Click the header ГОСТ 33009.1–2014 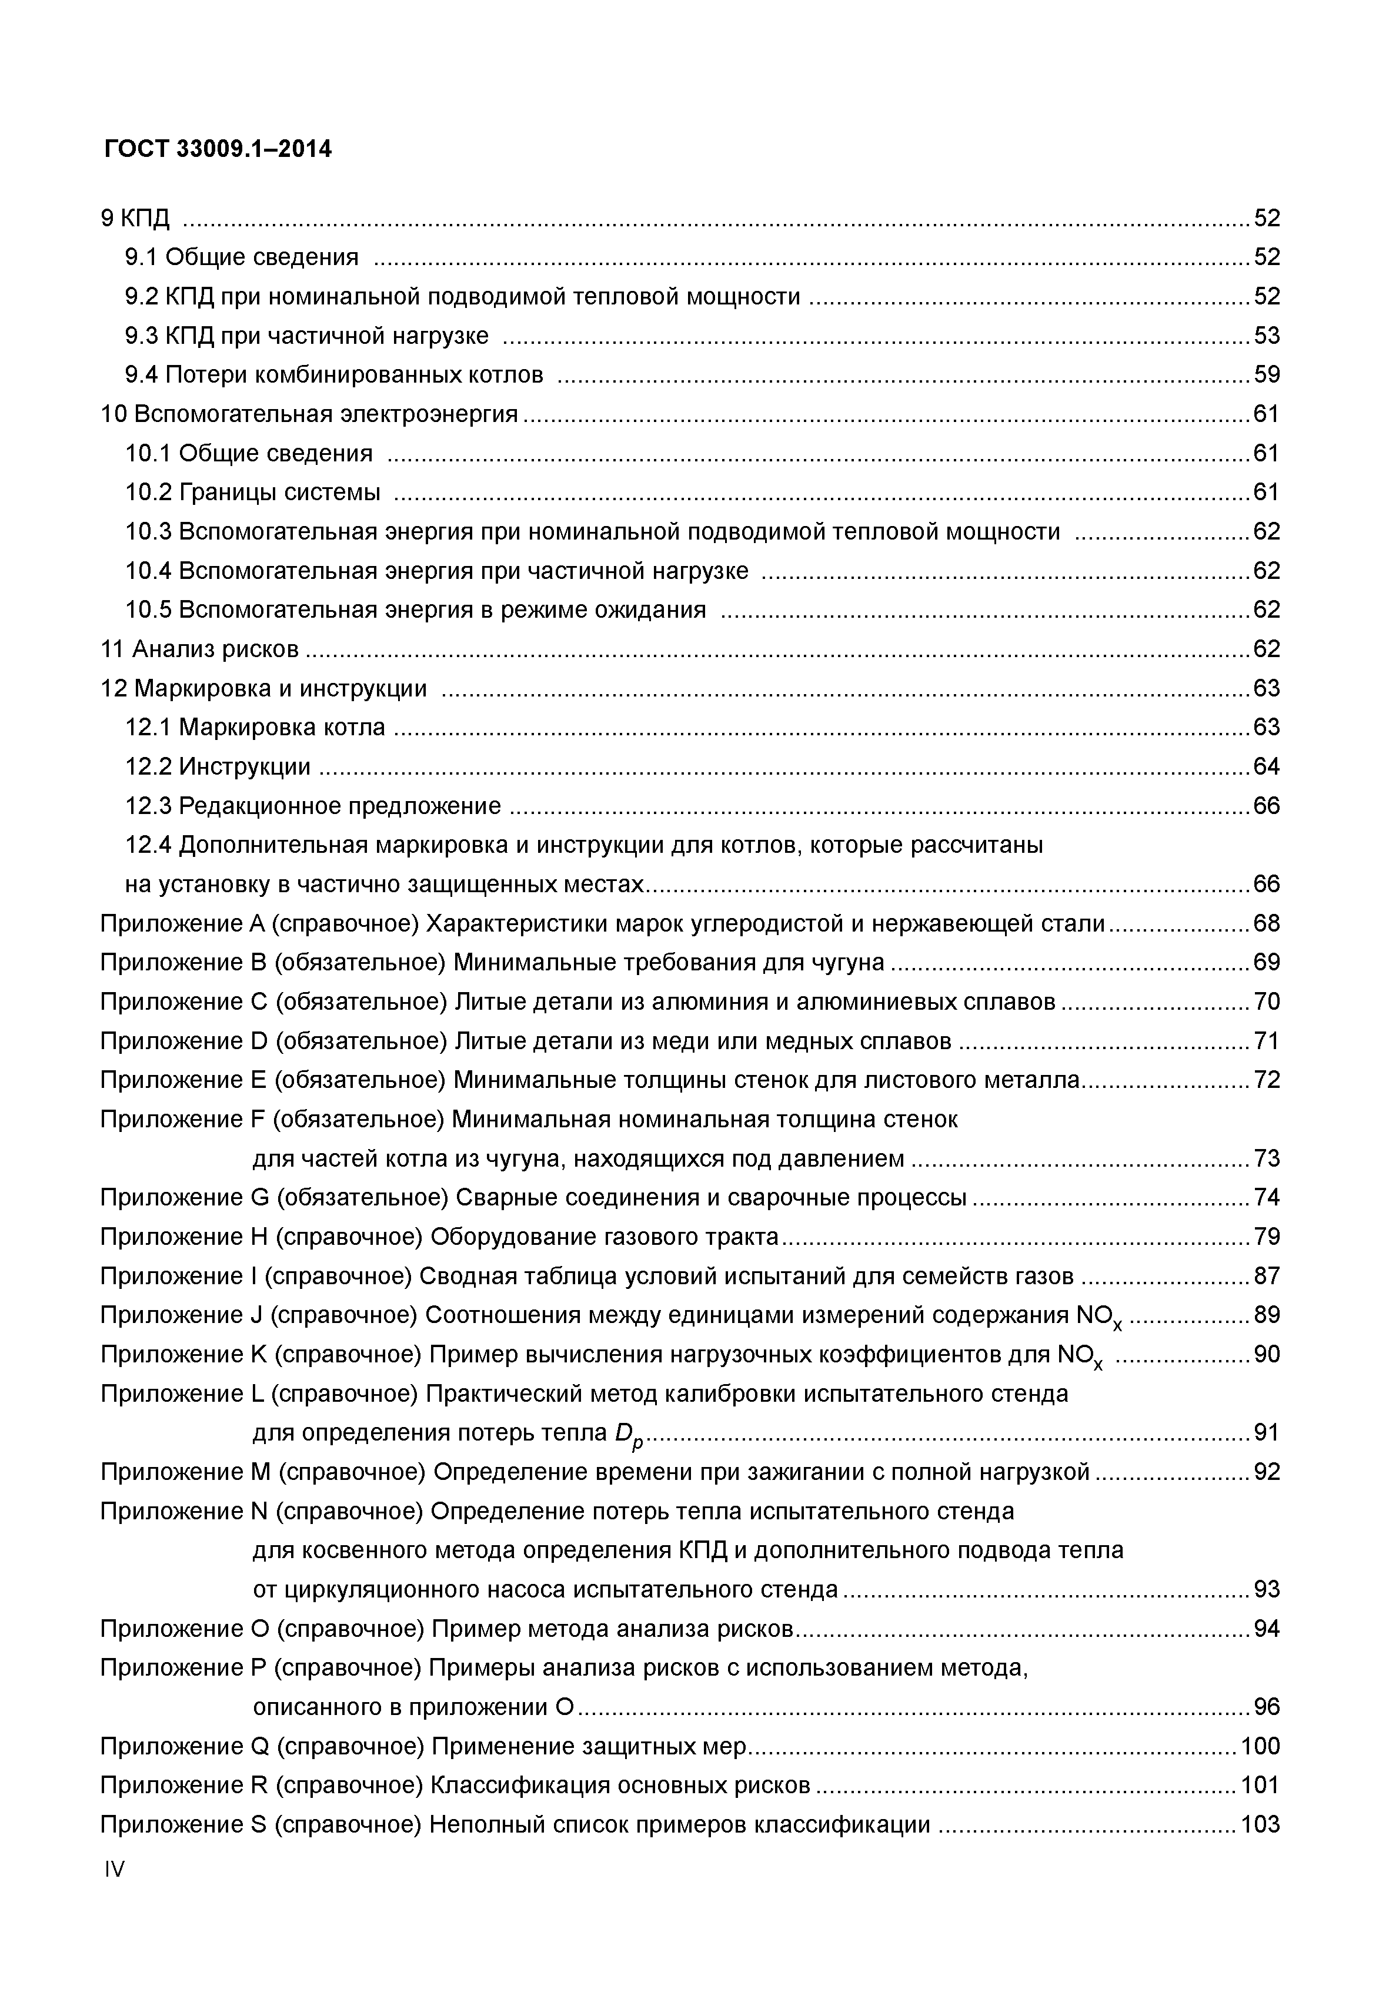click(218, 149)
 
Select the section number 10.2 click(149, 493)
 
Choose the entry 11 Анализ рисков click(199, 649)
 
